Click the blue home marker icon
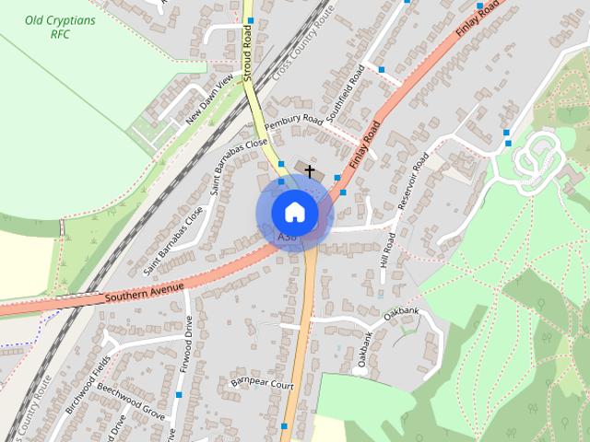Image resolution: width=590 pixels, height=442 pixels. pos(294,212)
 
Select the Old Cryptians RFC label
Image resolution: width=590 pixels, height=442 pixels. pos(49,27)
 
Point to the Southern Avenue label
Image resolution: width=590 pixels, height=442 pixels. pos(145,293)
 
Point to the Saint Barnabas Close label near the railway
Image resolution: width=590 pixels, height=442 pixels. pos(167,242)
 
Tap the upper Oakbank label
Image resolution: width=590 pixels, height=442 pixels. pos(401,313)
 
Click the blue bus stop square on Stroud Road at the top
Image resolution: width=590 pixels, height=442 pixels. pos(250,19)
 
